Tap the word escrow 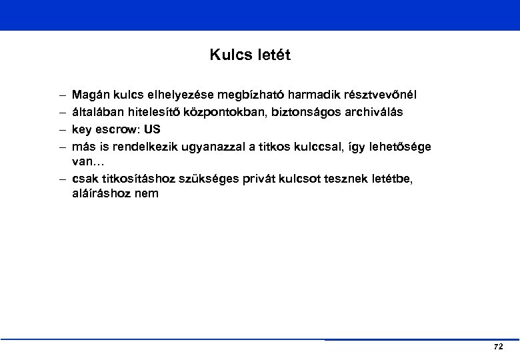point(116,129)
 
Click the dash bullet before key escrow point(61,129)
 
